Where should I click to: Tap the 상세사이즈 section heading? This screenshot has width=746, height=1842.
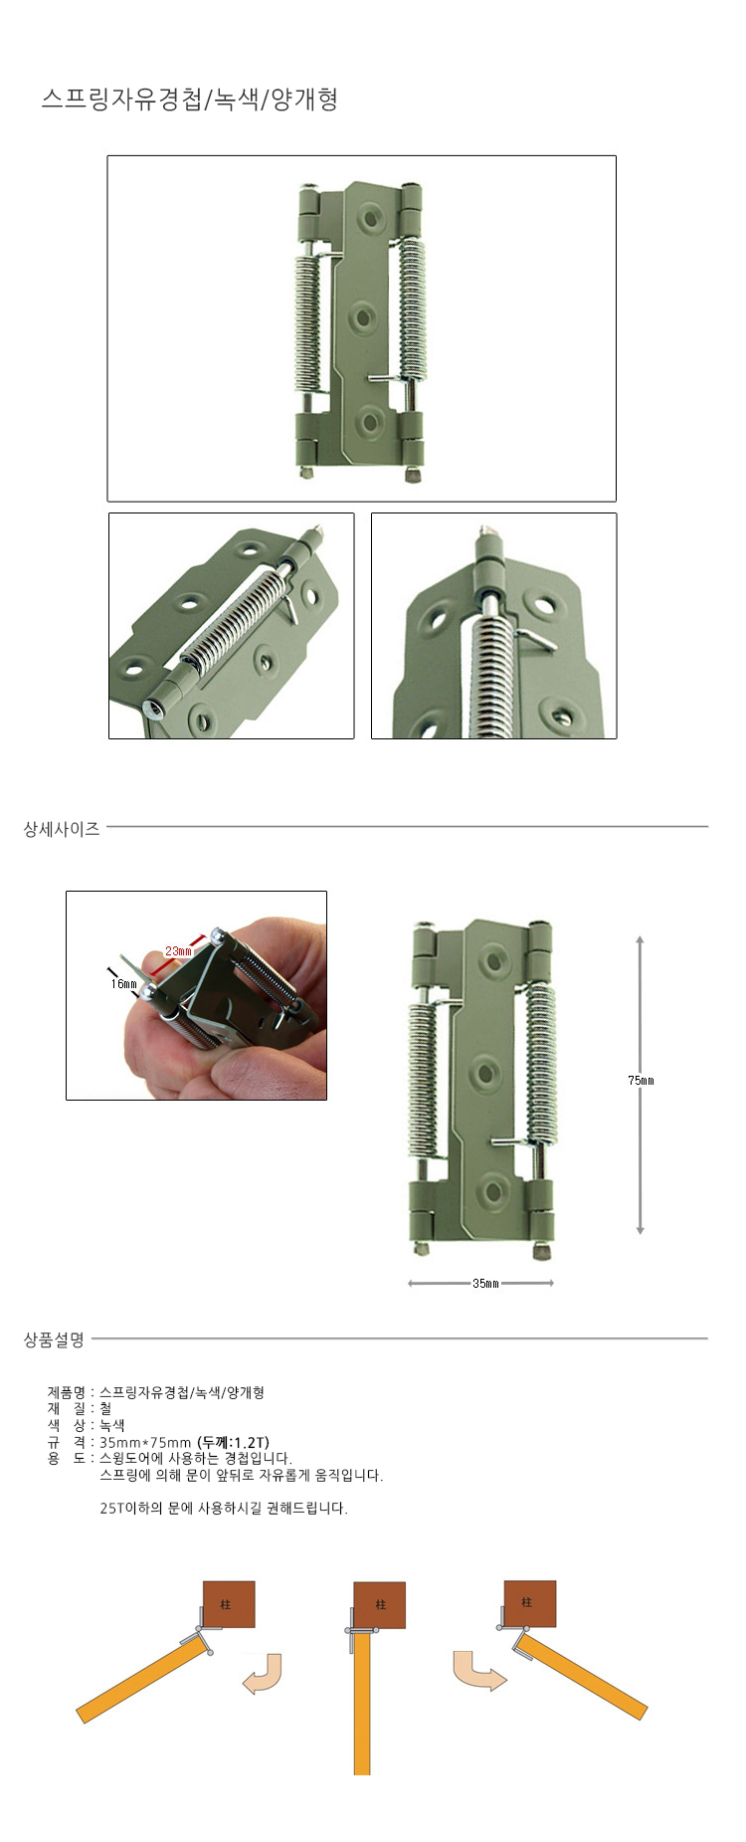62,829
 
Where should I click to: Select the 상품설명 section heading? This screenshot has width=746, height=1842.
55,1340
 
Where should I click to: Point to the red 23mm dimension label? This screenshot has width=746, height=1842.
178,951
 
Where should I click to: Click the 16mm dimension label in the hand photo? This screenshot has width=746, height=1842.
124,984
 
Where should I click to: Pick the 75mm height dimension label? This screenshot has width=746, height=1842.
641,1081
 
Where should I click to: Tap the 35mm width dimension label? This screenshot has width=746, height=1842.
485,1284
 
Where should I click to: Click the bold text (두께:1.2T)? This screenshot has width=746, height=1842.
234,1443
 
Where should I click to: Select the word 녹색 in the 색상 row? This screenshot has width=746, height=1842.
112,1426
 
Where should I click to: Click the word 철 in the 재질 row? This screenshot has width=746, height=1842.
105,1409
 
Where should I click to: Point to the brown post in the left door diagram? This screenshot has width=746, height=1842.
229,1604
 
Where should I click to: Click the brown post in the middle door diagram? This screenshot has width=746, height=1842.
380,1605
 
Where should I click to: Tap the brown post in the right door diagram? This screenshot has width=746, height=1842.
529,1603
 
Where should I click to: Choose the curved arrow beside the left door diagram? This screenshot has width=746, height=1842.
265,1674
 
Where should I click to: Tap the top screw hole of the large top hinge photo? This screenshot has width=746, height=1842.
373,216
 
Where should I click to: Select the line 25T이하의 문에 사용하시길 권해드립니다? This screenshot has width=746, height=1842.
224,1509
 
